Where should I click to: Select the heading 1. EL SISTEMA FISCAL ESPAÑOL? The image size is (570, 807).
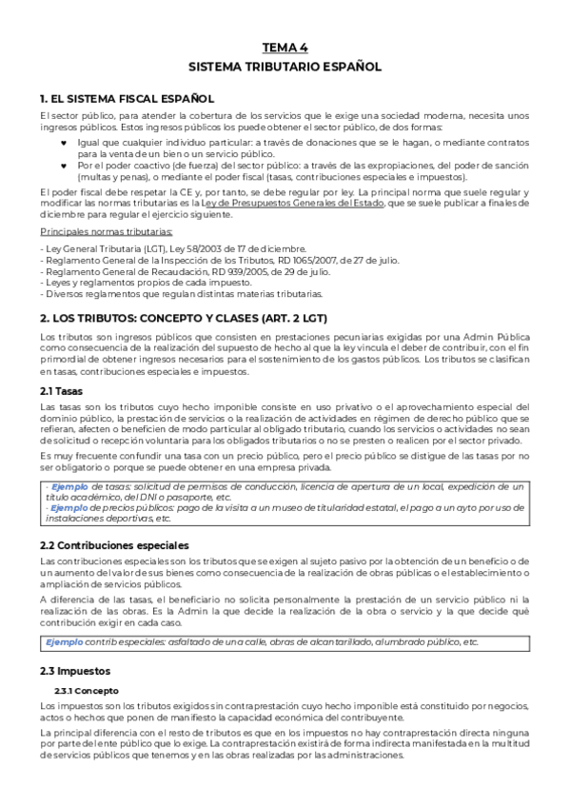pyautogui.click(x=127, y=98)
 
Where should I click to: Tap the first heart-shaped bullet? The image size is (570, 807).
pyautogui.click(x=64, y=141)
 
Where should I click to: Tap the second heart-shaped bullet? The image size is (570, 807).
pyautogui.click(x=64, y=164)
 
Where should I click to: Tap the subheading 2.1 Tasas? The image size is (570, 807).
pyautogui.click(x=62, y=390)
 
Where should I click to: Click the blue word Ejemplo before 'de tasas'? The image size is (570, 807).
pyautogui.click(x=70, y=487)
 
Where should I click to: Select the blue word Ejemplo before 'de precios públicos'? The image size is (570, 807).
pyautogui.click(x=70, y=509)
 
